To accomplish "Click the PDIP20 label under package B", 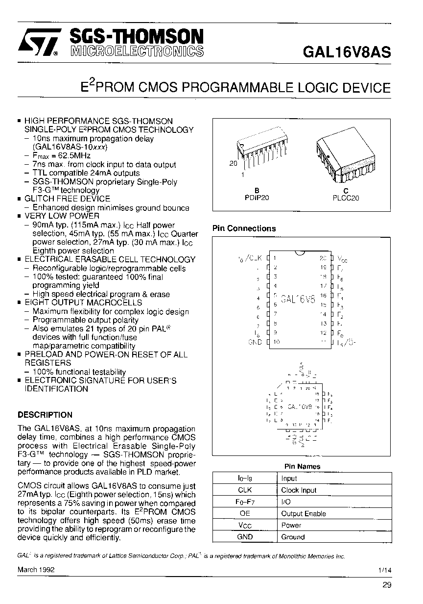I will click(x=257, y=198).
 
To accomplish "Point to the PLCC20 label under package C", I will click(x=345, y=198).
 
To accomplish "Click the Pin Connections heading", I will click(x=244, y=228).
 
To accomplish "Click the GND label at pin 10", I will click(x=255, y=342).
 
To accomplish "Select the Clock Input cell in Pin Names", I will click(x=299, y=490).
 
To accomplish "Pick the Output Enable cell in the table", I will click(x=304, y=513).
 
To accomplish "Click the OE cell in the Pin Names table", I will click(x=245, y=513).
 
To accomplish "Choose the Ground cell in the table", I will click(x=293, y=537).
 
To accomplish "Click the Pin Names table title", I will click(x=302, y=466).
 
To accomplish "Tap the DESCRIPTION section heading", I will click(x=45, y=414).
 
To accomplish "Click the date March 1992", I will click(x=36, y=570).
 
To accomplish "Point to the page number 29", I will click(x=387, y=584).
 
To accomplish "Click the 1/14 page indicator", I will click(x=385, y=570).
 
